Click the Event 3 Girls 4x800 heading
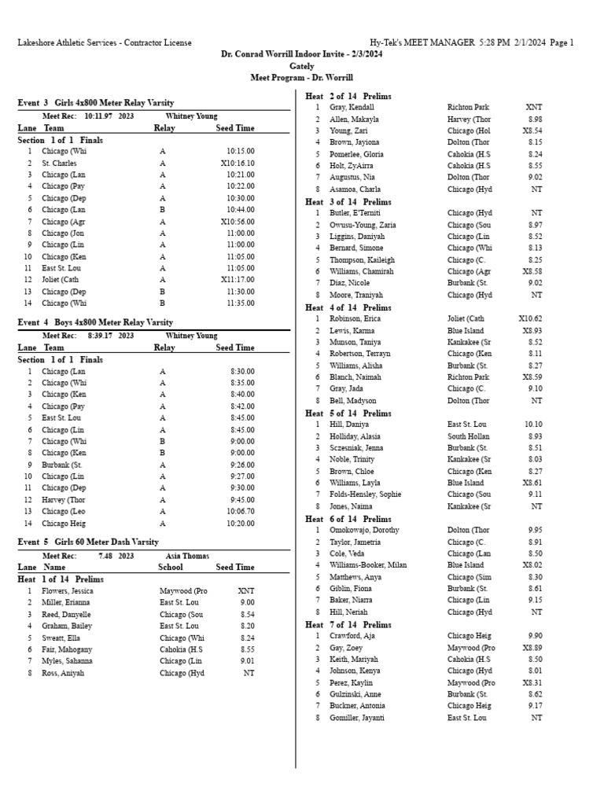tap(95, 103)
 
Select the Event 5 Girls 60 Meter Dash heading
tap(88, 542)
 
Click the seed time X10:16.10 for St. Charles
tap(238, 163)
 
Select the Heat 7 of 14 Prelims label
tap(348, 625)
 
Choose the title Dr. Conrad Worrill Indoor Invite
tap(301, 55)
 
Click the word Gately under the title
tap(301, 67)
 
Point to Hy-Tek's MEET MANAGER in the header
tap(422, 42)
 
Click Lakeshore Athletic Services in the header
tap(68, 42)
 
